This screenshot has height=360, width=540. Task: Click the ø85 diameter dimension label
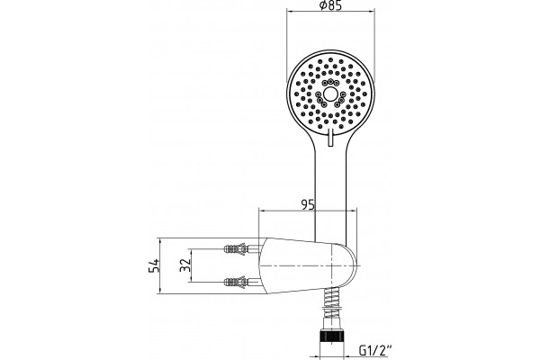(330, 6)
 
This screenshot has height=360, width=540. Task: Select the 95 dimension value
(308, 205)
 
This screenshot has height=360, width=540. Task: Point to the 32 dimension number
(185, 265)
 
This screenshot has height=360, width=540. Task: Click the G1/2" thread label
(375, 351)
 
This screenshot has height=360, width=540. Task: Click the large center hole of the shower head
(330, 94)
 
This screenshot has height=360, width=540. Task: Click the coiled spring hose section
(331, 303)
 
